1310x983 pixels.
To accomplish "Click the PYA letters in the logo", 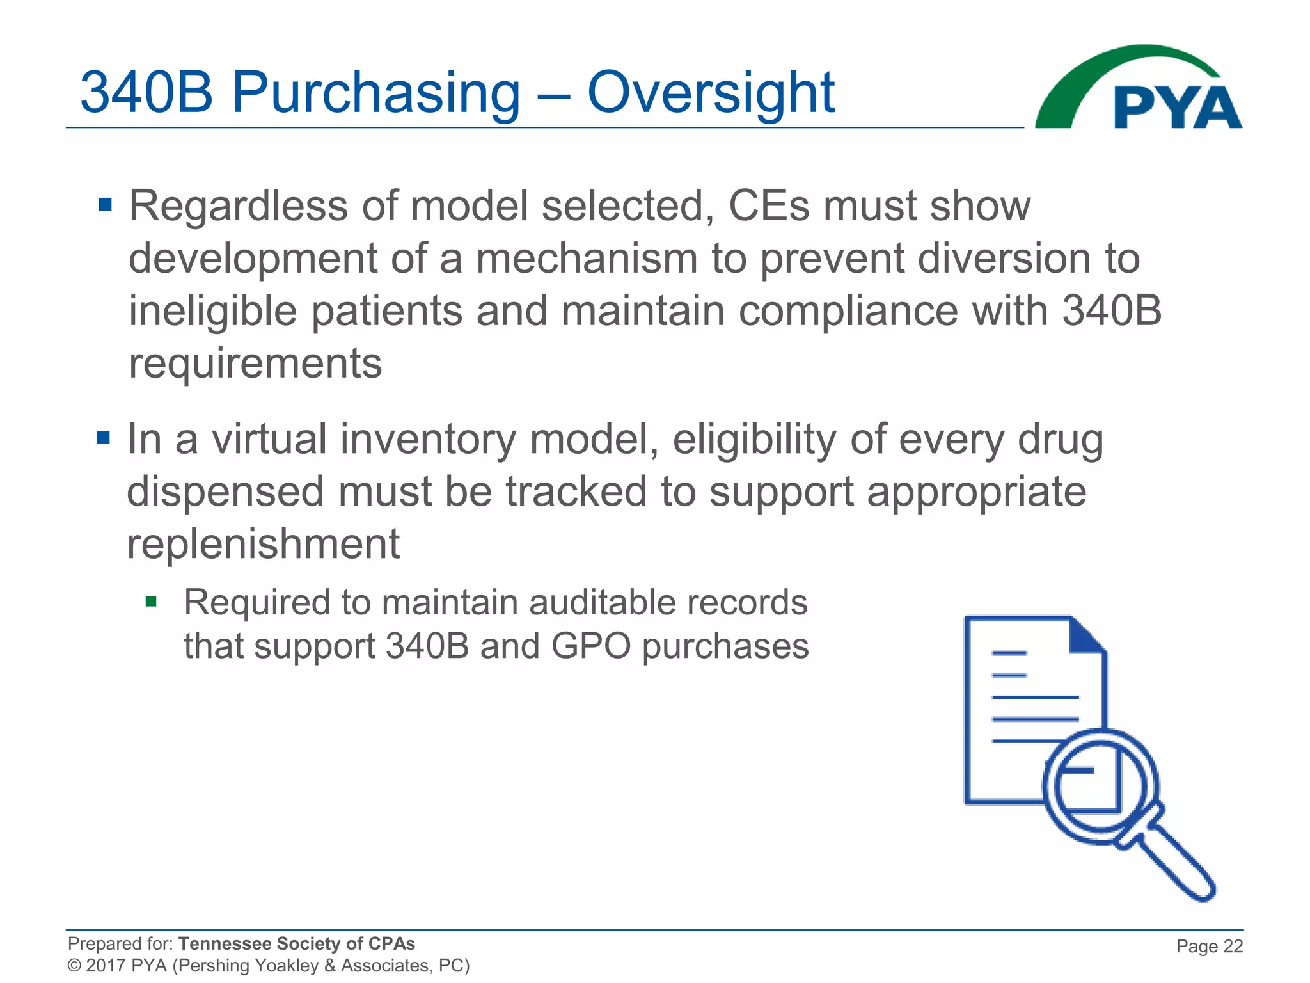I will [x=1177, y=108].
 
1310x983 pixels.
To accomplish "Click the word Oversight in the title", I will [x=710, y=93].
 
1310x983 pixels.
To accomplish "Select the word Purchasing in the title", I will [x=375, y=93].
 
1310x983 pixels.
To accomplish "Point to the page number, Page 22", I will [x=1209, y=946].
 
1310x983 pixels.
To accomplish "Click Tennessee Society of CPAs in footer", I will [x=296, y=943].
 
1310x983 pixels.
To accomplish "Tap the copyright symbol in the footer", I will [x=74, y=966].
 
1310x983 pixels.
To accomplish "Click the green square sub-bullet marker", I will [x=151, y=601].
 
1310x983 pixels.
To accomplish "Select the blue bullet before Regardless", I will [x=105, y=205].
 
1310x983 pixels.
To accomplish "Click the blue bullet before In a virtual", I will [x=103, y=438].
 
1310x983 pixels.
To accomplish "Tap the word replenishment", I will [x=263, y=544].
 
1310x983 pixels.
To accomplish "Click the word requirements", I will [x=255, y=364].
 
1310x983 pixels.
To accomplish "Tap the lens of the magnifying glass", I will [x=1100, y=786].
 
